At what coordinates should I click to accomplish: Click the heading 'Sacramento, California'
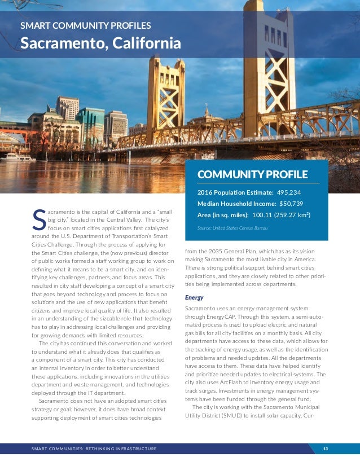click(100, 43)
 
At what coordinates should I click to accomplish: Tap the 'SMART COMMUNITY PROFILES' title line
click(85, 25)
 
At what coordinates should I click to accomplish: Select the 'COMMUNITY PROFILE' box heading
click(252, 174)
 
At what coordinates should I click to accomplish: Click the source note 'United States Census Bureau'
click(236, 228)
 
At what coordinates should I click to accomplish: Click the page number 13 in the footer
click(325, 449)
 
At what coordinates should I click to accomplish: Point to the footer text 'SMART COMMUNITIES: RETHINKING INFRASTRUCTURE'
click(94, 449)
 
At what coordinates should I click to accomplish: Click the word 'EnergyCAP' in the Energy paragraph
click(219, 317)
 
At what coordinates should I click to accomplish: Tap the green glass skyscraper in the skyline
click(90, 126)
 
